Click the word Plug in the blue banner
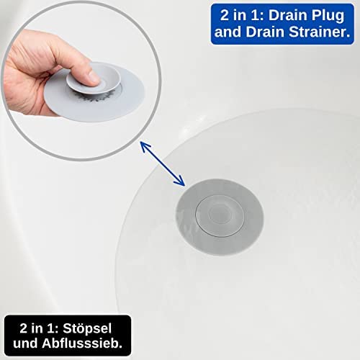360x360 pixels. [325, 17]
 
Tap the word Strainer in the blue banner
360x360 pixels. [320, 32]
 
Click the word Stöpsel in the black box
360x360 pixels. [87, 329]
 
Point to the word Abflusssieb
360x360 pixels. [82, 343]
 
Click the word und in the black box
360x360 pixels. [25, 343]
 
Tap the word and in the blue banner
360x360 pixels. [228, 32]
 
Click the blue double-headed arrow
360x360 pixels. [163, 163]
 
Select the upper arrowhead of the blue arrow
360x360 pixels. [144, 145]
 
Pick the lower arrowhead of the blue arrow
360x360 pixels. [181, 182]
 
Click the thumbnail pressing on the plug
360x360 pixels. [94, 77]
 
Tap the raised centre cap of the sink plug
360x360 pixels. [220, 213]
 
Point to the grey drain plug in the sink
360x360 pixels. [220, 217]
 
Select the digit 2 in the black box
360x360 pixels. [24, 328]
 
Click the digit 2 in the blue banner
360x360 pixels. [225, 15]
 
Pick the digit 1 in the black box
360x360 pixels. [53, 328]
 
